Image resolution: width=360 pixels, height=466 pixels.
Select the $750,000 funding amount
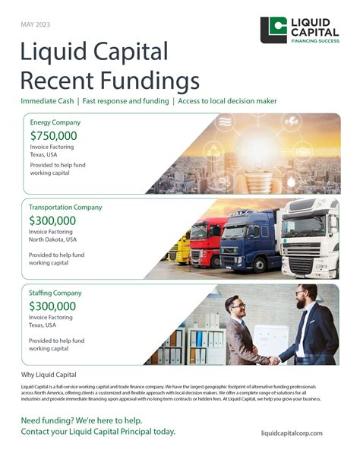click(x=53, y=136)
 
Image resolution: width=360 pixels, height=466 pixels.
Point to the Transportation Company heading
click(x=65, y=207)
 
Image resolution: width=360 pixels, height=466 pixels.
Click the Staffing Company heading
click(x=55, y=293)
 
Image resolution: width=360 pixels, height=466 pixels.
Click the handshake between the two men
click(x=272, y=358)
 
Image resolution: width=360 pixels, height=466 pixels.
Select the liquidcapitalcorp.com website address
click(x=292, y=433)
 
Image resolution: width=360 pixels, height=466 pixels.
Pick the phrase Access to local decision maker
click(x=227, y=101)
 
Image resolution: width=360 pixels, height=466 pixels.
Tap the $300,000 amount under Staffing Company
click(x=53, y=307)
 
